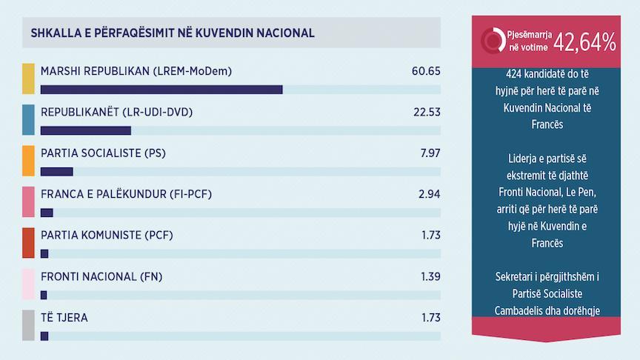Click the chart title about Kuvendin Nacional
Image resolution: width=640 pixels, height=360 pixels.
[173, 33]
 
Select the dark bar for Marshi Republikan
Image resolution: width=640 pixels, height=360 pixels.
[161, 90]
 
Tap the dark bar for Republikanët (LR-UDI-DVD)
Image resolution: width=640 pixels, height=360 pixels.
[86, 130]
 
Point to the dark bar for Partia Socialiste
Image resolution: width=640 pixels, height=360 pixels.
[57, 172]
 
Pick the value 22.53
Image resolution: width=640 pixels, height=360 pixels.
[426, 113]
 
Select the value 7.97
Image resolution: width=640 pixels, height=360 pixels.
[429, 153]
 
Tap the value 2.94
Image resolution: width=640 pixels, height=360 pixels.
[429, 195]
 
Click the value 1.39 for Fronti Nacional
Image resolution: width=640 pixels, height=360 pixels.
[429, 277]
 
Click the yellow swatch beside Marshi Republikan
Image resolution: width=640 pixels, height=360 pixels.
[29, 79]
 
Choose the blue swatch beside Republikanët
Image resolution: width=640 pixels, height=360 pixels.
[29, 119]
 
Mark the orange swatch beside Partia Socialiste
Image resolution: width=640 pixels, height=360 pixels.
[29, 161]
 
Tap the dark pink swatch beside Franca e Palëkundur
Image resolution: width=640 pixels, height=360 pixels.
[29, 201]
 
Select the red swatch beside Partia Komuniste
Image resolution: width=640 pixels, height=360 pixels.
[29, 243]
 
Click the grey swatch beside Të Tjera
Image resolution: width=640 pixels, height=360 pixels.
[29, 325]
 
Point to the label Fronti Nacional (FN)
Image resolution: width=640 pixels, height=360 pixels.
[101, 277]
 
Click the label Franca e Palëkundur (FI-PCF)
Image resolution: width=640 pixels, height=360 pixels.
[127, 195]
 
